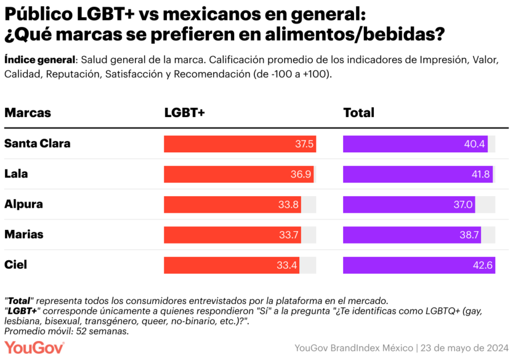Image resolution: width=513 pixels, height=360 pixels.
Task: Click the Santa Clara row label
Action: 37,144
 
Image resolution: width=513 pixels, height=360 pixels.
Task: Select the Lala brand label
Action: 16,174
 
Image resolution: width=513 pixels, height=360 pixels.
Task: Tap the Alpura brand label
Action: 23,204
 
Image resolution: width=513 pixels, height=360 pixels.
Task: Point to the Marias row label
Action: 23,234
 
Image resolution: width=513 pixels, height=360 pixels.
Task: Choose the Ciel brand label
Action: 15,265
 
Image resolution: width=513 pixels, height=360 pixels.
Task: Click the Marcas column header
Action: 27,113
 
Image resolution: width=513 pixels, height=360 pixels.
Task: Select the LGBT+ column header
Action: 184,113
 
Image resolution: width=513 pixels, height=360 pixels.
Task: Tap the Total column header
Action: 359,113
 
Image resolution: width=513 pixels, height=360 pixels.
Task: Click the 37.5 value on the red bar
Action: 304,144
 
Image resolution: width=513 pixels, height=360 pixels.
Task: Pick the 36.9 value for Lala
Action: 301,175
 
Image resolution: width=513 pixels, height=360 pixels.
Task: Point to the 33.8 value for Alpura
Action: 288,205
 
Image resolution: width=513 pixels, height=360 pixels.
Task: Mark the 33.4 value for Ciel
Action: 287,265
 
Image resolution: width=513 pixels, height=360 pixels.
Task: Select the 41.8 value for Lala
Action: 480,175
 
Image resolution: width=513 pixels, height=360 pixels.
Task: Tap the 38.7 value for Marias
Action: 469,235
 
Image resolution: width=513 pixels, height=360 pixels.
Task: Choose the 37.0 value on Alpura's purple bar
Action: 463,205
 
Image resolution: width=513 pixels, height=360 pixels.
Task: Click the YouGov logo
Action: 34,347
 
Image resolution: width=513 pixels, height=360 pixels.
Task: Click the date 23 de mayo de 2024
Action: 463,348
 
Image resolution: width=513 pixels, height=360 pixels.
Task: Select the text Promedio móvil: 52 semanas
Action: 66,331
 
